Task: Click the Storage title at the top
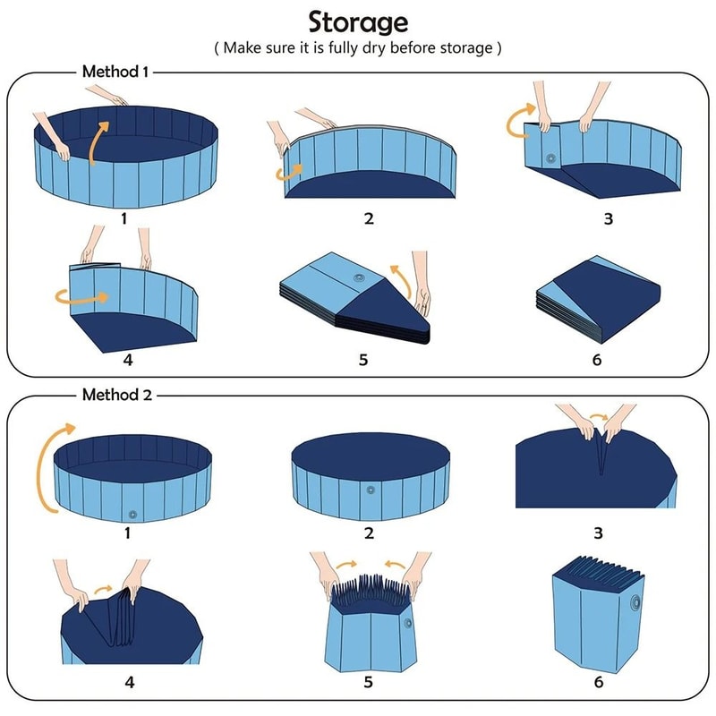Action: tap(358, 21)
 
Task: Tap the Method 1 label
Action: tap(115, 71)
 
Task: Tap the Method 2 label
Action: tap(115, 393)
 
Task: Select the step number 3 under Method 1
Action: tap(608, 217)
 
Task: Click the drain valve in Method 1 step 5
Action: tap(359, 278)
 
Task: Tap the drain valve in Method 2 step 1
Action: tap(133, 515)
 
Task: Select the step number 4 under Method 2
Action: tap(130, 682)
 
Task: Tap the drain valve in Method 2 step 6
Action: tap(638, 601)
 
